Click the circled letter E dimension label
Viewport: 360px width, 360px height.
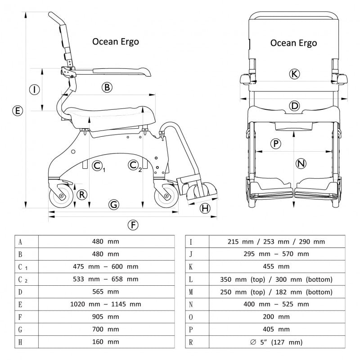click(17, 110)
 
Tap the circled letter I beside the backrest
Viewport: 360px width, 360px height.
click(35, 90)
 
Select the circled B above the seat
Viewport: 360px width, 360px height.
click(107, 87)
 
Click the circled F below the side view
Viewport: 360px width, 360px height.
click(132, 225)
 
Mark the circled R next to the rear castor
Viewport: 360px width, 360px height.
click(81, 195)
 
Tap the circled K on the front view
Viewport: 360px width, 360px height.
click(294, 74)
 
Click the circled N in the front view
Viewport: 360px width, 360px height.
click(301, 164)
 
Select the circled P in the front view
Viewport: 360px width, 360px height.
click(275, 144)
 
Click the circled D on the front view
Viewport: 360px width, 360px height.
click(294, 106)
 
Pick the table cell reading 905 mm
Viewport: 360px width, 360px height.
click(106, 317)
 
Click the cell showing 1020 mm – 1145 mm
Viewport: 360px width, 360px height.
click(106, 304)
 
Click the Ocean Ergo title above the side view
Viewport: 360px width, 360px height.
click(116, 41)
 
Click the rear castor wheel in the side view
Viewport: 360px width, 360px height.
click(60, 197)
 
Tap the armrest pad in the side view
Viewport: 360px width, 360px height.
click(121, 71)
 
